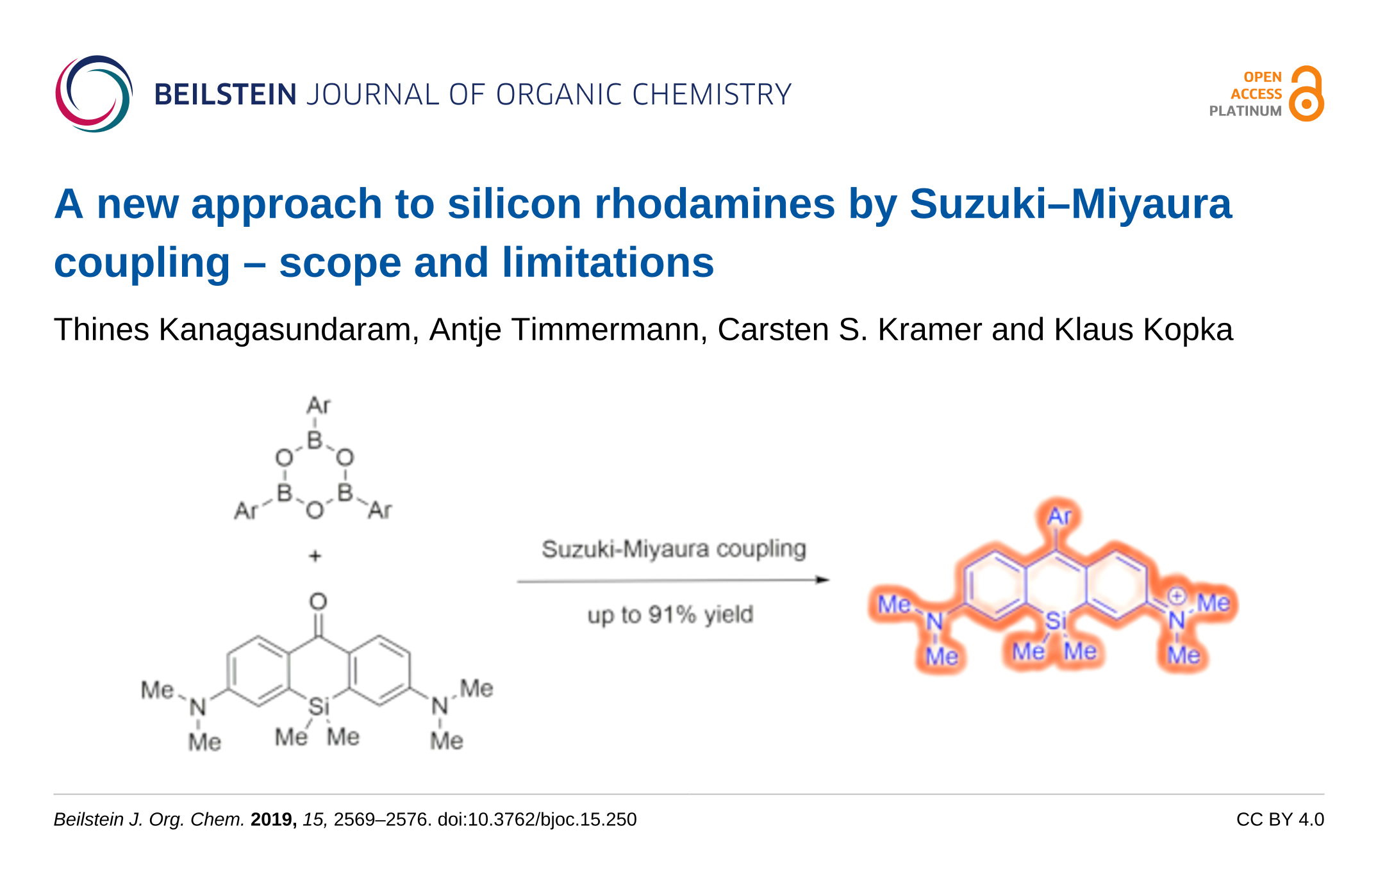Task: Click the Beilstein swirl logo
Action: coord(94,94)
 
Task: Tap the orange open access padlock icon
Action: coord(1306,94)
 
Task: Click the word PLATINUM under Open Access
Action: coord(1245,111)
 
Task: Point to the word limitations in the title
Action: coord(608,263)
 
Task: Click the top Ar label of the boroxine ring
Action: coord(318,405)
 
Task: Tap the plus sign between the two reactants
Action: coord(315,556)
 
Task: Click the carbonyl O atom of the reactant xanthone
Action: coord(318,601)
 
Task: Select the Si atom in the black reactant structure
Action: coord(319,707)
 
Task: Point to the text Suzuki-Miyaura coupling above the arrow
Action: coord(674,549)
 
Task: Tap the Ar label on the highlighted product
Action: coord(1059,516)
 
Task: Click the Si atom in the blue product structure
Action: coord(1056,620)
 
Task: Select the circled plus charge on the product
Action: coord(1176,595)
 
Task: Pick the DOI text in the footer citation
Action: coord(537,820)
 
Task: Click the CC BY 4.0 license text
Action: coord(1280,820)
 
